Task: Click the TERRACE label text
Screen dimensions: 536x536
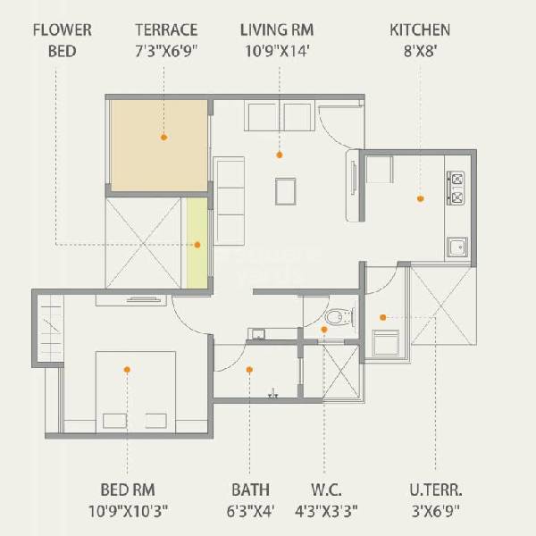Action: (166, 30)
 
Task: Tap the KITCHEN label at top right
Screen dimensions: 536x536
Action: (420, 30)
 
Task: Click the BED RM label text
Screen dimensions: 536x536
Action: (128, 490)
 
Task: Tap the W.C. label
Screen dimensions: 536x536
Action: (326, 490)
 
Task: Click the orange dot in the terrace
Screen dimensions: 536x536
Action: (164, 138)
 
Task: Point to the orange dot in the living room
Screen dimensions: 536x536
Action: (280, 155)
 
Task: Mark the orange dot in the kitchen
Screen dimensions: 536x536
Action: (420, 198)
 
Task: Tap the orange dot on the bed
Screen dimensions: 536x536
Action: (128, 369)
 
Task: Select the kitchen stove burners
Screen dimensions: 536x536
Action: (458, 187)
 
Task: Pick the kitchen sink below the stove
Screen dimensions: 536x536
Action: (457, 246)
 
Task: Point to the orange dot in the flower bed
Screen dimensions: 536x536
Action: (197, 244)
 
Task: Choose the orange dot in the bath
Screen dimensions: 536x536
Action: (250, 368)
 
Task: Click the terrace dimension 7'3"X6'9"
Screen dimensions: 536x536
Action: (166, 50)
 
